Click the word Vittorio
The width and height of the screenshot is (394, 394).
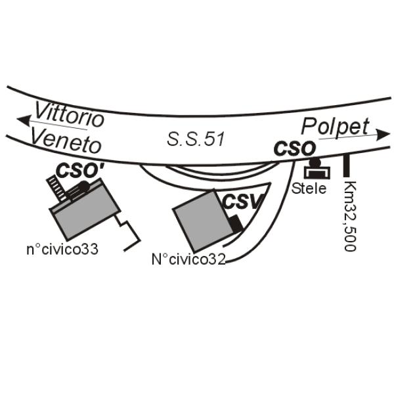[70, 114]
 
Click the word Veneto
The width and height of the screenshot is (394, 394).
[66, 141]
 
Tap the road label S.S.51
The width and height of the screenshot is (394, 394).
[196, 139]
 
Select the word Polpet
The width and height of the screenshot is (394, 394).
[335, 126]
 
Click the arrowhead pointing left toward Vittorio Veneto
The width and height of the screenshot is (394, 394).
[24, 120]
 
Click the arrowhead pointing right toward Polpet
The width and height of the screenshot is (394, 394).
[383, 135]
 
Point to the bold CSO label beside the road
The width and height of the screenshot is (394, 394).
[294, 149]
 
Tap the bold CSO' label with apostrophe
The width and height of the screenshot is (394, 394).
[80, 171]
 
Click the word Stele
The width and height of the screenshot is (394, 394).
[309, 188]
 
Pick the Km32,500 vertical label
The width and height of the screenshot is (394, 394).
[350, 215]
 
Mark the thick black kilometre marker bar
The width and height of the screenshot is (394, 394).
[347, 165]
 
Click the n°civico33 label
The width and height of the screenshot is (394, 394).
[62, 250]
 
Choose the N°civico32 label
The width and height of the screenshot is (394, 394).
[188, 259]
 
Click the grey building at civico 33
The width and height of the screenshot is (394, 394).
[85, 209]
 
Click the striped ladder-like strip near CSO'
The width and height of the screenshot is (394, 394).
[56, 188]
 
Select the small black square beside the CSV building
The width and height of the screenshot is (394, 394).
[236, 224]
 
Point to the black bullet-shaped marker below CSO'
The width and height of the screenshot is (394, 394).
[78, 189]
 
